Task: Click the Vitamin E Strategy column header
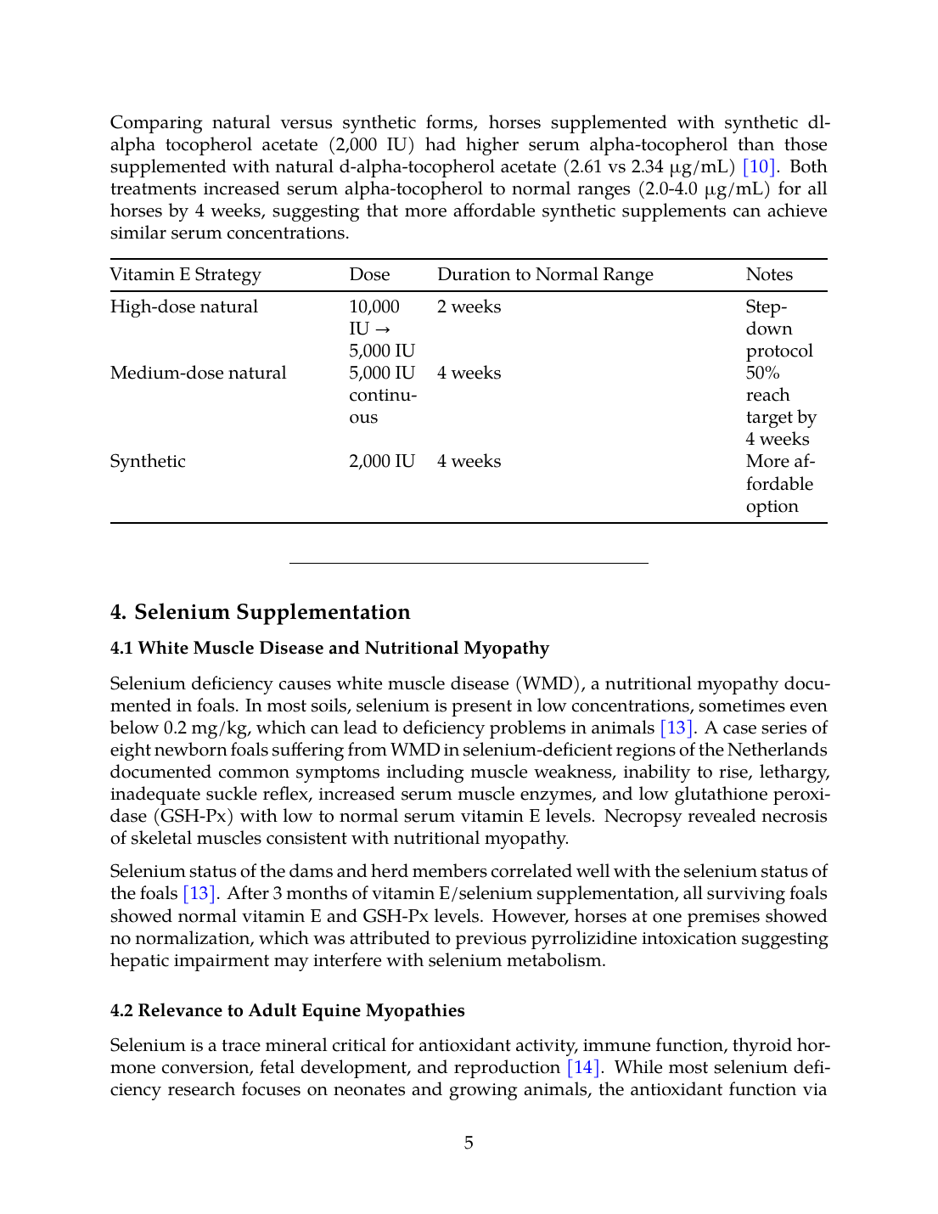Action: pyautogui.click(x=185, y=275)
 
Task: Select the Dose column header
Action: pyautogui.click(x=369, y=275)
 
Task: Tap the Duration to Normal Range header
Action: pyautogui.click(x=545, y=275)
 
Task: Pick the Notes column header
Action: pyautogui.click(x=769, y=275)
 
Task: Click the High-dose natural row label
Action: pyautogui.click(x=184, y=307)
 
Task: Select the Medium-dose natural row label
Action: pyautogui.click(x=198, y=374)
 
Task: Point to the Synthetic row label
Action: pyautogui.click(x=148, y=462)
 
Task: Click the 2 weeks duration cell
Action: pyautogui.click(x=469, y=307)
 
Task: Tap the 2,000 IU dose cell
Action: pyautogui.click(x=382, y=462)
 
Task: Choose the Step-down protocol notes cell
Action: pyautogui.click(x=778, y=329)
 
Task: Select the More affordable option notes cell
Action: pyautogui.click(x=779, y=484)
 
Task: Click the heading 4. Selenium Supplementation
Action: pyautogui.click(x=260, y=612)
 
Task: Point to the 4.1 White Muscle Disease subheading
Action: pyautogui.click(x=329, y=649)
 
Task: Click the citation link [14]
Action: pyautogui.click(x=583, y=1068)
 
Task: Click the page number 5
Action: pyautogui.click(x=469, y=1144)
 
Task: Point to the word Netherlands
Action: pyautogui.click(x=777, y=750)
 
